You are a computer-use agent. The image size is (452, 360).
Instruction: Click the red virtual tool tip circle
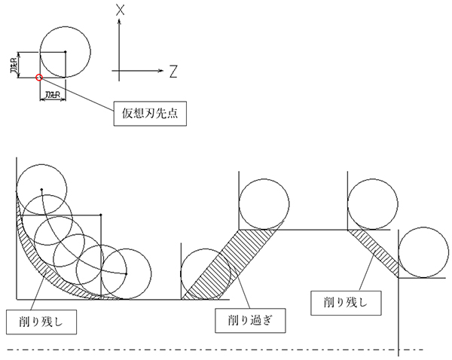39,77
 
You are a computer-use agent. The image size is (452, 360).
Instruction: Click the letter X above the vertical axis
121,10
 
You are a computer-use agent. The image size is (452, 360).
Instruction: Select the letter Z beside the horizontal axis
173,72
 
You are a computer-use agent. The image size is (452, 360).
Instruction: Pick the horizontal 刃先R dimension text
52,96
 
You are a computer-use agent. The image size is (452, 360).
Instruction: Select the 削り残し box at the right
346,303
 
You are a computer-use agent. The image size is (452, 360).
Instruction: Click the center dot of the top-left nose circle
66,51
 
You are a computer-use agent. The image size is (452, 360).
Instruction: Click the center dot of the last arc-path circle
124,273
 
